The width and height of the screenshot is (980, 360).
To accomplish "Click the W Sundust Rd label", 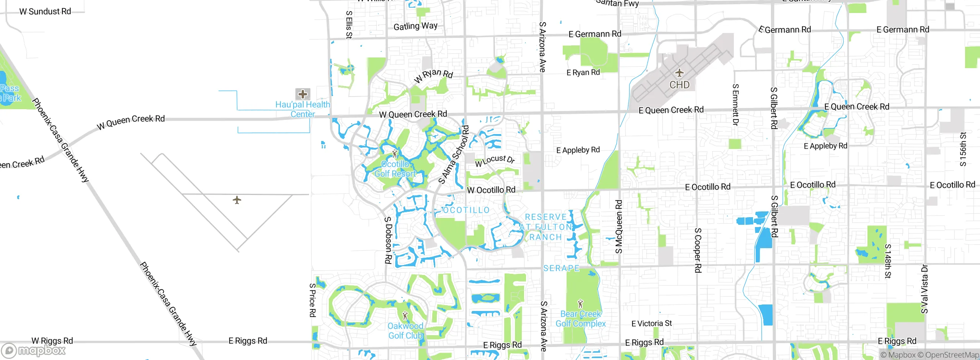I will tap(45, 11).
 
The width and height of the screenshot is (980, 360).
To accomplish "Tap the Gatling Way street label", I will tap(415, 26).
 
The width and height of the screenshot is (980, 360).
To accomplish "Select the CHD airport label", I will tap(679, 85).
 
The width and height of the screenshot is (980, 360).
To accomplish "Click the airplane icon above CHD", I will tap(679, 72).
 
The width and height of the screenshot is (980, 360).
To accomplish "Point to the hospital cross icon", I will tap(303, 94).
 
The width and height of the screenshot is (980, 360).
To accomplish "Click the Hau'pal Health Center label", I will tap(302, 109).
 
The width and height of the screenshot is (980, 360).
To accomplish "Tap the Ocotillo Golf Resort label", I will tap(395, 169).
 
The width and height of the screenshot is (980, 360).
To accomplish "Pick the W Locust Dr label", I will tap(495, 160).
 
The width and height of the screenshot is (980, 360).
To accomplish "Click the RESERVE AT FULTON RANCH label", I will tap(546, 227).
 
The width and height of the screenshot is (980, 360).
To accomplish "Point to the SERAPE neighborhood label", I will tap(561, 268).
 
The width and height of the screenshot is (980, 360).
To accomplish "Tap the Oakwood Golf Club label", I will tap(405, 331).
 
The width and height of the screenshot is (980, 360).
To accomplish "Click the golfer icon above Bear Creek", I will tap(580, 304).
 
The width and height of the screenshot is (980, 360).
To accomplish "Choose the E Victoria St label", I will tap(652, 324).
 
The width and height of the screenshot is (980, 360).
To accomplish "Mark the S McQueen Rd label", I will tap(619, 227).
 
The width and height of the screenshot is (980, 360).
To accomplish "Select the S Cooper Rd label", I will tap(697, 250).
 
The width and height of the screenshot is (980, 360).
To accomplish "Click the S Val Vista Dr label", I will tap(924, 289).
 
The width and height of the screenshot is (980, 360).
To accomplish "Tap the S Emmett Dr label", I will tap(735, 105).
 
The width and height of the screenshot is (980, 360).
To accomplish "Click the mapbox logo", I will tap(34, 350).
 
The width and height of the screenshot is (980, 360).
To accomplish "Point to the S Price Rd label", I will tap(312, 300).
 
